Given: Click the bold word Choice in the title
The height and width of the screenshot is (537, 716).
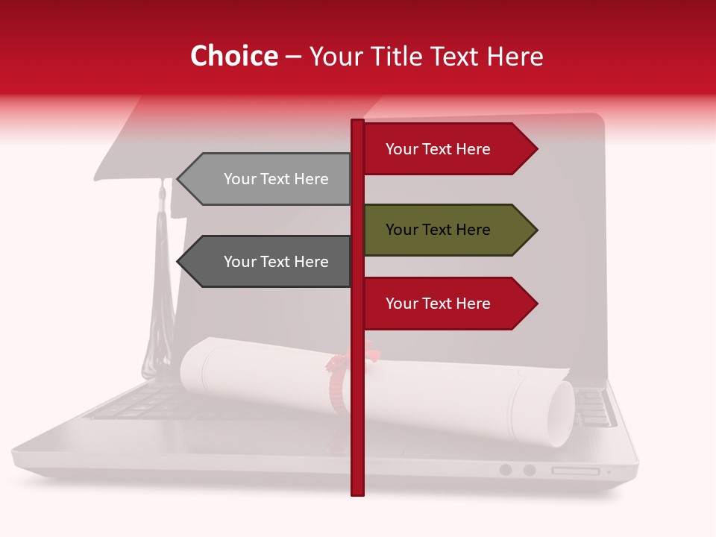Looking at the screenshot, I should click(x=233, y=57).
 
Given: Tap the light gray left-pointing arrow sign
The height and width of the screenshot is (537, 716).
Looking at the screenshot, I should click(x=268, y=179).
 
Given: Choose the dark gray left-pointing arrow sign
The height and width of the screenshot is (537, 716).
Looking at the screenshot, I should click(x=268, y=262).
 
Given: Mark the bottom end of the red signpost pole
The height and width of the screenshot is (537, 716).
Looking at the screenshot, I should click(x=357, y=492).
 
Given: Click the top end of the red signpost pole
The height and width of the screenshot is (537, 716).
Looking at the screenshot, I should click(x=357, y=122).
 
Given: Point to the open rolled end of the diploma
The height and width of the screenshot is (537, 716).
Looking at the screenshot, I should click(x=560, y=413).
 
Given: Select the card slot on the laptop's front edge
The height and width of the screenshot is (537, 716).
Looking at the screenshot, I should click(x=575, y=471).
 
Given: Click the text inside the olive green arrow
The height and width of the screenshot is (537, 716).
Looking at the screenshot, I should click(x=438, y=230).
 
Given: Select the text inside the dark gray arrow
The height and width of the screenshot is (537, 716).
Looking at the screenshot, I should click(x=276, y=262).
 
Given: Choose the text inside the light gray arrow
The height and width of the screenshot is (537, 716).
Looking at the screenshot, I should click(x=276, y=179).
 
